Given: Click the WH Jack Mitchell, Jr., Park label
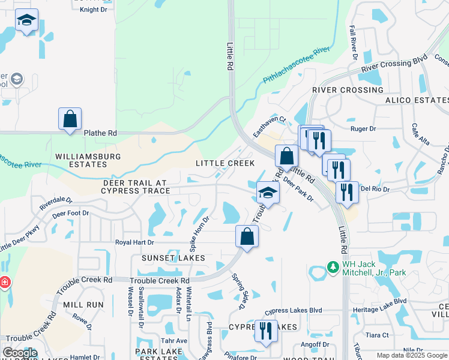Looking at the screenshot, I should pyautogui.click(x=373, y=268).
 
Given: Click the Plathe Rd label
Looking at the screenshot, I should pyautogui.click(x=100, y=133).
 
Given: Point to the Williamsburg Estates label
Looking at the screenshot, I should pyautogui.click(x=88, y=160).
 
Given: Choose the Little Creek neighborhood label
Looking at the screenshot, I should pyautogui.click(x=225, y=163).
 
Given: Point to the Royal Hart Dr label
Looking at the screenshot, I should pyautogui.click(x=134, y=242).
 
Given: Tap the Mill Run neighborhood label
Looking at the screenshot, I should pyautogui.click(x=82, y=305).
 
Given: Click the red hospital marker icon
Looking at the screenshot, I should pyautogui.click(x=4, y=282).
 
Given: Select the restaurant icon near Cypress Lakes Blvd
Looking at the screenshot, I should pyautogui.click(x=265, y=331).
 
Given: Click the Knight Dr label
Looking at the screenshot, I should pyautogui.click(x=93, y=10).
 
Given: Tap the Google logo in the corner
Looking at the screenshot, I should pyautogui.click(x=20, y=353).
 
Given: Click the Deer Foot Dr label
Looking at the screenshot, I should pyautogui.click(x=70, y=213).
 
